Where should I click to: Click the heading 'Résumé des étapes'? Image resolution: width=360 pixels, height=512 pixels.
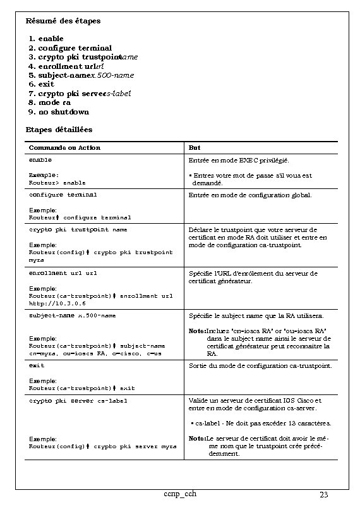(x=63, y=21)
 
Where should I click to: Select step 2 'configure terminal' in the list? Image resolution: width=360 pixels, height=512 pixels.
(x=75, y=47)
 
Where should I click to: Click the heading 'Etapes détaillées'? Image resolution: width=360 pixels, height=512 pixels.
(x=59, y=130)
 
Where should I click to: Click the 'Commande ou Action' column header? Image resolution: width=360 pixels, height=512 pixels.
(x=64, y=148)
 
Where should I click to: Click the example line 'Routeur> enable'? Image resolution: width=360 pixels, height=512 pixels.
(x=57, y=182)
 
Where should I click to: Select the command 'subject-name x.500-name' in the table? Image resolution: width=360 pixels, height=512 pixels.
(x=73, y=315)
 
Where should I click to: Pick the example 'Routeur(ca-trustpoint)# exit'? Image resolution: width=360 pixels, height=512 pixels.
(x=82, y=388)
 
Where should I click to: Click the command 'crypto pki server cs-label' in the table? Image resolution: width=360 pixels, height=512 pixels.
(x=78, y=400)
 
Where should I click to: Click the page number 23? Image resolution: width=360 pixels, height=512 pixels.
(x=325, y=494)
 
